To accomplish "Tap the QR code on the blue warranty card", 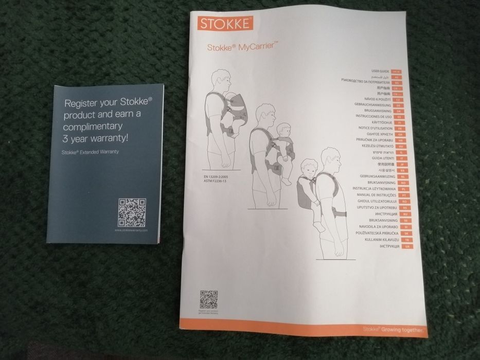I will [x=132, y=212].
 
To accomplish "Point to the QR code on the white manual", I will [x=208, y=299].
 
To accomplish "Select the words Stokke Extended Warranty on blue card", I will [x=90, y=152].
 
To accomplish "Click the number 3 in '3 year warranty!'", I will [x=65, y=138].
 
